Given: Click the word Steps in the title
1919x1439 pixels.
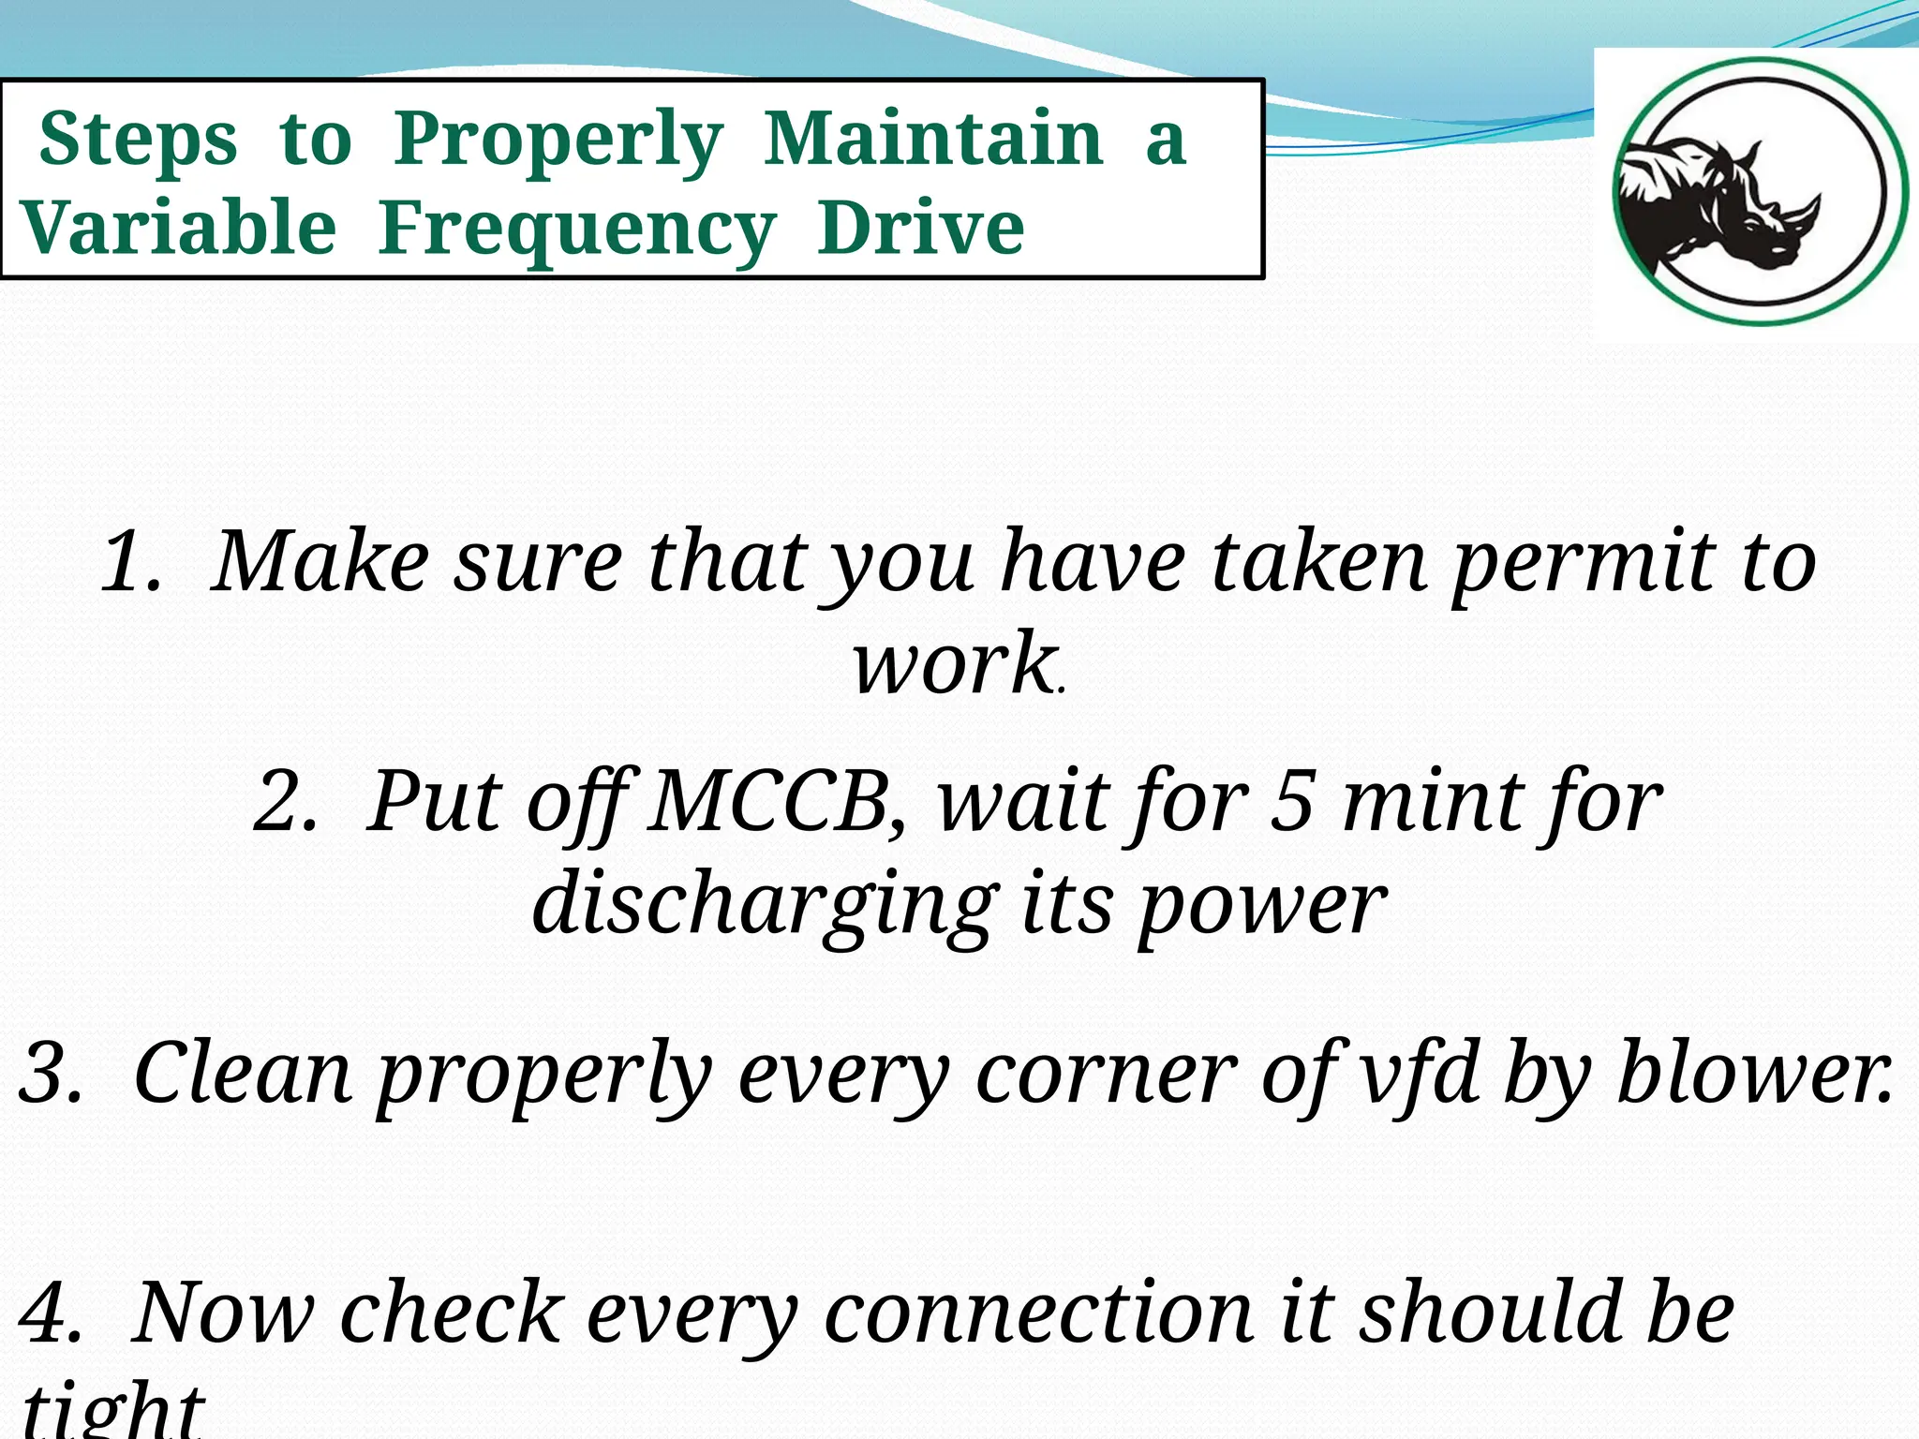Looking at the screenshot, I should pyautogui.click(x=138, y=141).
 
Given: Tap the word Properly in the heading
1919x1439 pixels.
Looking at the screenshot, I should pyautogui.click(x=558, y=141).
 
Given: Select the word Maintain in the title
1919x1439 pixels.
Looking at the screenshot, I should pyautogui.click(x=933, y=139).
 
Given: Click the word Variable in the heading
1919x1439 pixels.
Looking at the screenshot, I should pyautogui.click(x=178, y=229).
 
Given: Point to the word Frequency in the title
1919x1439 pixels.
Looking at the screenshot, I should pyautogui.click(x=577, y=230).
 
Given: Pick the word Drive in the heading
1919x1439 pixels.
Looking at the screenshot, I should pyautogui.click(x=920, y=229).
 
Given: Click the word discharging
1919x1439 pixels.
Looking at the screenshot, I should pyautogui.click(x=765, y=905).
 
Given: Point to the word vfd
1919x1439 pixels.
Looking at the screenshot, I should pyautogui.click(x=1421, y=1072).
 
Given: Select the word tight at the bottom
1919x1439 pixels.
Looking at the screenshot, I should pyautogui.click(x=112, y=1410).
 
